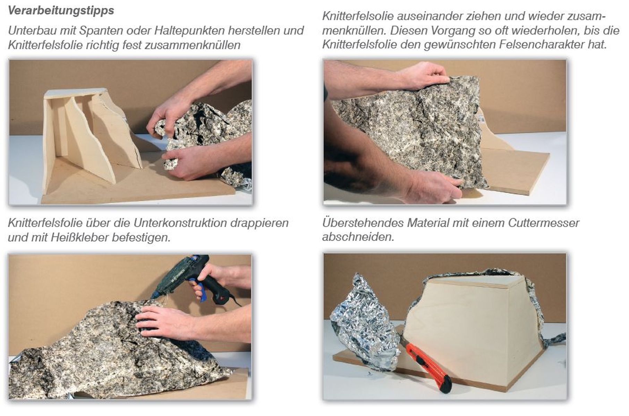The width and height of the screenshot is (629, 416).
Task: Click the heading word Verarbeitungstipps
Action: pos(61,11)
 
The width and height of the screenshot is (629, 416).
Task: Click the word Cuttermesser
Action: pos(544,223)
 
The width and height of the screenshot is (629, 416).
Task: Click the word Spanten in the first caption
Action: pos(101,31)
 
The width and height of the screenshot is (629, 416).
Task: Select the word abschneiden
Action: pos(358,237)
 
